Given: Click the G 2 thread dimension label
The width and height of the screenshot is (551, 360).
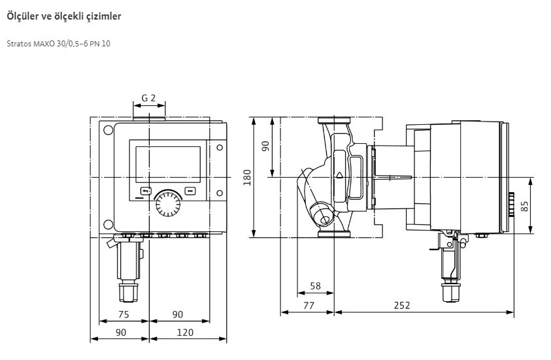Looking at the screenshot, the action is coord(148,98).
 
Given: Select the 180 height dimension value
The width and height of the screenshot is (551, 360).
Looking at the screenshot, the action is coord(247,177).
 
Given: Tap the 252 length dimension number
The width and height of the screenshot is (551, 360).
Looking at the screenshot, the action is coord(402,305).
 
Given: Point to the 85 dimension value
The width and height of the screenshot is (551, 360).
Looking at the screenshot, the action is coord(525,206).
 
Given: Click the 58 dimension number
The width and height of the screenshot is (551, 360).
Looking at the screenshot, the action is coord(315,286).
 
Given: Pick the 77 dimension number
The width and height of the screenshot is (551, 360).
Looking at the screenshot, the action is coord(308,306).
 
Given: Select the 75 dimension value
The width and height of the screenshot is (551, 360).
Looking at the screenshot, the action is coord(124,314).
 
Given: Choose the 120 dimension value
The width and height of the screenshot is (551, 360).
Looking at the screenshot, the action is coord(185,333).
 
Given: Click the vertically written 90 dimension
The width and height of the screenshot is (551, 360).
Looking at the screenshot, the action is coord(265,146).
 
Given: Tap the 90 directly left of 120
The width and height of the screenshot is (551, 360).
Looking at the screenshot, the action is coord(121,333).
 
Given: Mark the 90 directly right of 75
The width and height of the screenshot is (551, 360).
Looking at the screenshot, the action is coord(178,314).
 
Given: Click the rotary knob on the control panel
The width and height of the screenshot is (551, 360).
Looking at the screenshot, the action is coord(168,204).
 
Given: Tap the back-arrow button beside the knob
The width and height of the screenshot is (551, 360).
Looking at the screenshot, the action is coord(146,191).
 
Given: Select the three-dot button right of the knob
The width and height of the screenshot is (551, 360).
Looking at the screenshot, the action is coord(190,191).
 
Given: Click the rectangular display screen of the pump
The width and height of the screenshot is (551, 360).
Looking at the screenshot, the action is coord(168,165).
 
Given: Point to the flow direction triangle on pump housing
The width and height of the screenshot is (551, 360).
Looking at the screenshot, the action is coord(339,175).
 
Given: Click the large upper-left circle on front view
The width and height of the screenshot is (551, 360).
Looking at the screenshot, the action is coord(109,130).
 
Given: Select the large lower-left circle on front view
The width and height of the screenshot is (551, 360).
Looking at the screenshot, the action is coord(109,225).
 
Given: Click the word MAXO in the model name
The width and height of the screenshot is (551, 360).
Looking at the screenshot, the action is coord(44,44).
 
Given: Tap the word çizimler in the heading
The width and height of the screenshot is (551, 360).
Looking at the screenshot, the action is coord(105,16).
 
